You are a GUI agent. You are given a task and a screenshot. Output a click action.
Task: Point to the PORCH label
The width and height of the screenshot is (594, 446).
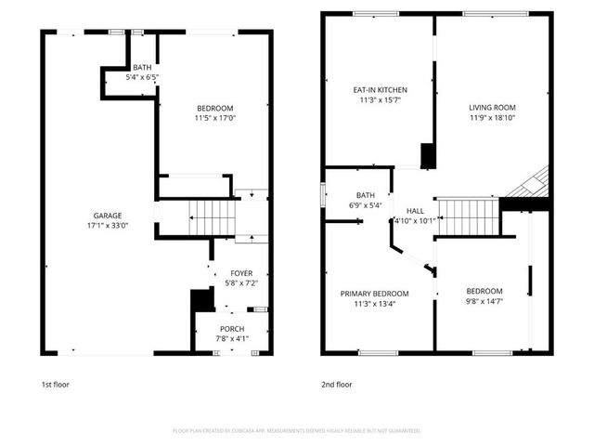(232, 329)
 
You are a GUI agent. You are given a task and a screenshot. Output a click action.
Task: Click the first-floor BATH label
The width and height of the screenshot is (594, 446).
(142, 68)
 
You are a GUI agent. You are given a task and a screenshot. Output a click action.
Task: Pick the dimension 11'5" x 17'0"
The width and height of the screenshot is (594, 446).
(214, 118)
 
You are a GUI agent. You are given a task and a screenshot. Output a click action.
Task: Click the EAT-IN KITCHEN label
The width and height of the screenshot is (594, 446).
(380, 90)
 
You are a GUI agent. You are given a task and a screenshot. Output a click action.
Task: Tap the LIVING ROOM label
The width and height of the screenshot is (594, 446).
(491, 108)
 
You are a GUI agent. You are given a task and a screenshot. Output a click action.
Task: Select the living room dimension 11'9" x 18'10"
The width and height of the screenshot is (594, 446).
(491, 118)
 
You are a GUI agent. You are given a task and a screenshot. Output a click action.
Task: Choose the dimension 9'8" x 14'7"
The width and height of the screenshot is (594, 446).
(484, 301)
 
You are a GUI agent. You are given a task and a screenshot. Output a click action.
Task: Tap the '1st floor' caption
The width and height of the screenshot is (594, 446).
(55, 384)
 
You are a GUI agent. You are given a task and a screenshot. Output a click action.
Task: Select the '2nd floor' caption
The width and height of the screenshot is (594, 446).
(337, 384)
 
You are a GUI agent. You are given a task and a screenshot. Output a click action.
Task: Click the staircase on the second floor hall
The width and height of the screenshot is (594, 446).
(469, 217)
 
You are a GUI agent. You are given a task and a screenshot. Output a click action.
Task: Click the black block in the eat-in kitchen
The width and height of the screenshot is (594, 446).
(428, 155)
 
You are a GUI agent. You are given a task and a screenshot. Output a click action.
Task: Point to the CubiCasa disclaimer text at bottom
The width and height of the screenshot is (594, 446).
(297, 430)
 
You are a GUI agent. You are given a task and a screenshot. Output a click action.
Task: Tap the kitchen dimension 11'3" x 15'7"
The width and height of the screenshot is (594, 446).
(380, 100)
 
